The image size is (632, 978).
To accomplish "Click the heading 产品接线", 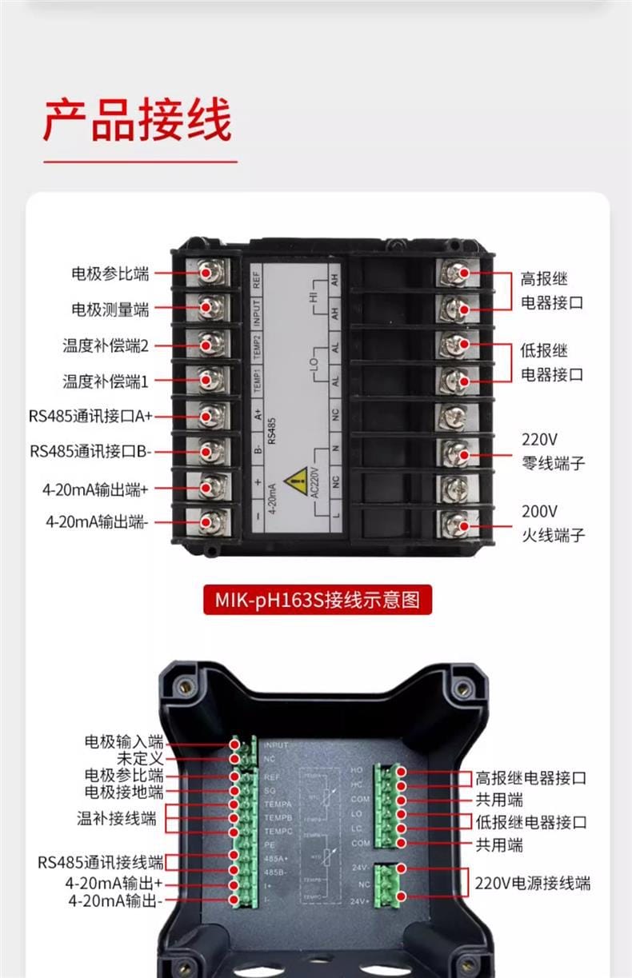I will (137, 121).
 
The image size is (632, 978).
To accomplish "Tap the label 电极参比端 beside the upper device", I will (110, 273).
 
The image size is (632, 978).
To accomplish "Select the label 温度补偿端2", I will (106, 345).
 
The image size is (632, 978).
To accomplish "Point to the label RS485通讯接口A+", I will (90, 416).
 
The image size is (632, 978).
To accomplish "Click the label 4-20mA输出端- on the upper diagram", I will (97, 521).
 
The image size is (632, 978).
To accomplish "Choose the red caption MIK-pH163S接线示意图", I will (317, 599).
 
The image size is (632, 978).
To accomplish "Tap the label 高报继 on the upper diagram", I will (544, 280).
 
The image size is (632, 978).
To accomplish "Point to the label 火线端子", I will (553, 535).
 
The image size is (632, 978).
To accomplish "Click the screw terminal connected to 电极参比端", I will (210, 273).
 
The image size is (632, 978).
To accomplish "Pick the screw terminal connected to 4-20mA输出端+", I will (210, 486).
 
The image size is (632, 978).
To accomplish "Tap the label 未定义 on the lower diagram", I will (140, 759).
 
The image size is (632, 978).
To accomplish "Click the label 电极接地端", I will (124, 792).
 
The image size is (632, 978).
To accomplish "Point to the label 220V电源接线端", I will (533, 884).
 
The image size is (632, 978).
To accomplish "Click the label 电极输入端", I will (124, 743).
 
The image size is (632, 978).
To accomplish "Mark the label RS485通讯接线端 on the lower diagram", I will (101, 863).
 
